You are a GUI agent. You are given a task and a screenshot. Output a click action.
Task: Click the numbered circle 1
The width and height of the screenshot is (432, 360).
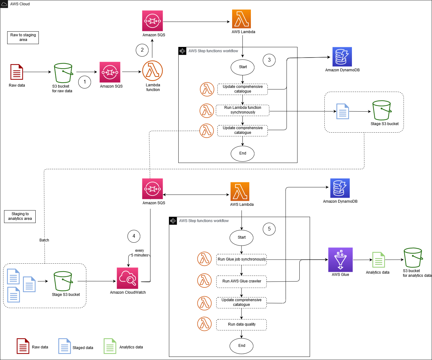click(84, 82)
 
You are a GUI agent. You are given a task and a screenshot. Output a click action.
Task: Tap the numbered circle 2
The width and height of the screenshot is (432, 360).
click(142, 50)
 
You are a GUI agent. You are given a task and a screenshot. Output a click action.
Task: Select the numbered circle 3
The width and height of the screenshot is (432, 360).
click(269, 60)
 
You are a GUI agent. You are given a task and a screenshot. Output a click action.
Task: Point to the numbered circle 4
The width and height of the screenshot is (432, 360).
click(134, 236)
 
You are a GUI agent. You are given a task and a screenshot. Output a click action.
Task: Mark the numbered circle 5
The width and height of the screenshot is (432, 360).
click(269, 229)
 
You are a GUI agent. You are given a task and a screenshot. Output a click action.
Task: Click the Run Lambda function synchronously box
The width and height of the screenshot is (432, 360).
click(242, 110)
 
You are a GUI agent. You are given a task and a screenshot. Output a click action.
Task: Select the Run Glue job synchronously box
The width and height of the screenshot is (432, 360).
click(241, 259)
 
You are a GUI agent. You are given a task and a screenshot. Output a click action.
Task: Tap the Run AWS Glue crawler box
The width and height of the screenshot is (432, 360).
click(241, 281)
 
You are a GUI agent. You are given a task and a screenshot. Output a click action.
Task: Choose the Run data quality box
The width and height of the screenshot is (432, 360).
click(241, 325)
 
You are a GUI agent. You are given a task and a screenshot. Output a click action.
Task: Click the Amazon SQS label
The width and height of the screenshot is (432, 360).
click(153, 203)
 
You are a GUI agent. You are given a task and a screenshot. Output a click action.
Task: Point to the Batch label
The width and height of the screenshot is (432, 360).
click(44, 240)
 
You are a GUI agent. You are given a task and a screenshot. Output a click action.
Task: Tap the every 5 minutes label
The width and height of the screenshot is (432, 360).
click(140, 253)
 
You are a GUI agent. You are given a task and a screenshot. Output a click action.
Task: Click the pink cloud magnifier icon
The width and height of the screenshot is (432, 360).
click(127, 278)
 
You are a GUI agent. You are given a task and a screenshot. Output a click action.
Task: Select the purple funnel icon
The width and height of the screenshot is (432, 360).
click(340, 260)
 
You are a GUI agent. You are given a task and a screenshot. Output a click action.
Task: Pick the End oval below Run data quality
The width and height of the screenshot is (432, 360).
click(241, 346)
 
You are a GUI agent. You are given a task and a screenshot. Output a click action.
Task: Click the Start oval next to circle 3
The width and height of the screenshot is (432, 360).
click(242, 67)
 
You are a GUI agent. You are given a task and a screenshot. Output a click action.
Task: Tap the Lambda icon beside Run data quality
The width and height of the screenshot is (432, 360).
click(205, 324)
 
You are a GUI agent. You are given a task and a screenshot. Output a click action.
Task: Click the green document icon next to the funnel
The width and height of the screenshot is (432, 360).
click(379, 260)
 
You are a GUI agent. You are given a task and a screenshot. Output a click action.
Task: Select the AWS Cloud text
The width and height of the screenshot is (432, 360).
click(20, 4)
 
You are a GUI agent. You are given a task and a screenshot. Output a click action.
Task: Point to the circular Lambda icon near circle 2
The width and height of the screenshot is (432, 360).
click(152, 71)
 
